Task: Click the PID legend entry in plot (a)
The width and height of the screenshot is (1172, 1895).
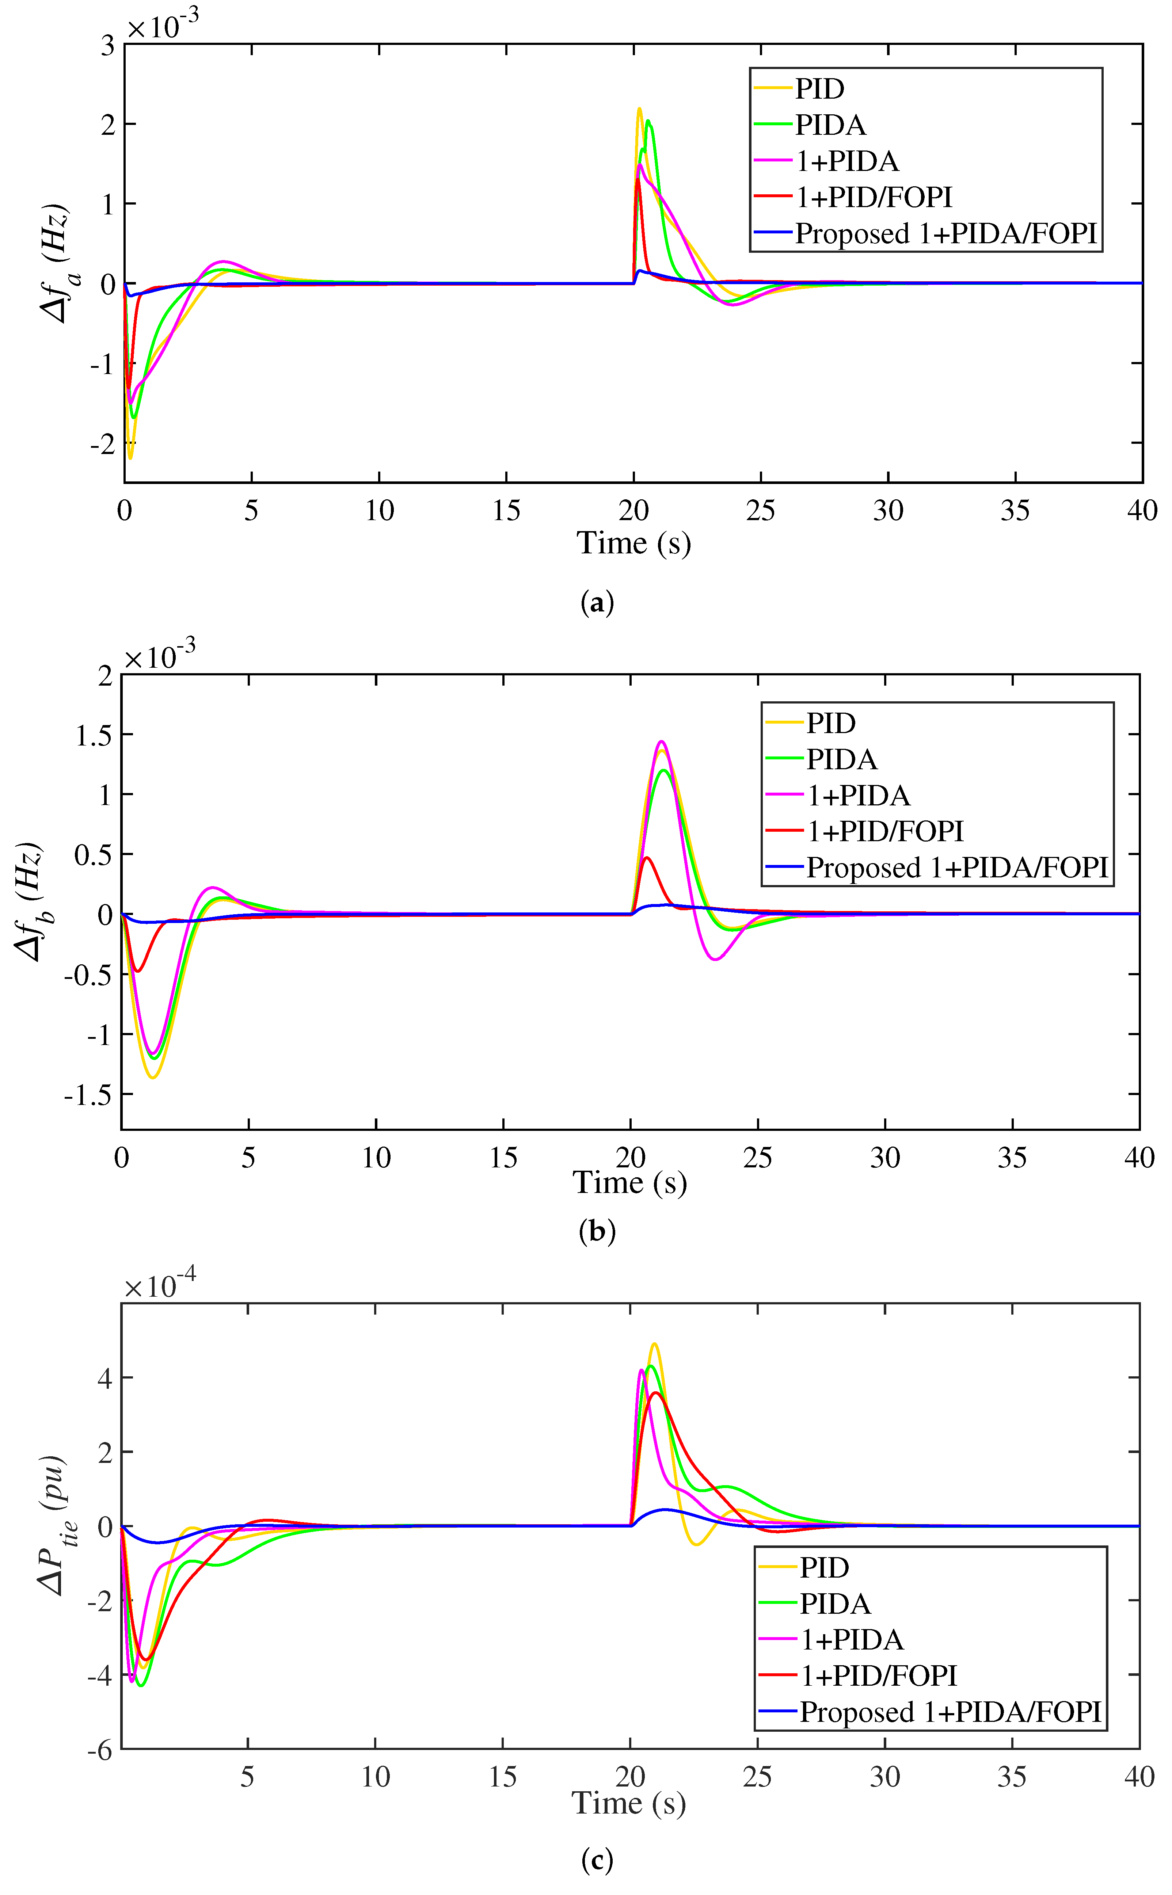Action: point(819,89)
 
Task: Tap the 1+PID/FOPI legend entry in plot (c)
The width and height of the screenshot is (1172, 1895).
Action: point(878,1675)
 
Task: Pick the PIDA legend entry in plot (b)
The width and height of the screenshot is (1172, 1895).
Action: point(841,759)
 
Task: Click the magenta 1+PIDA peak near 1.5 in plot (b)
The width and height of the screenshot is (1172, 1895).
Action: point(661,741)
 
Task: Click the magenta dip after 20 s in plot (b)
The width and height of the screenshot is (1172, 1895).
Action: point(715,959)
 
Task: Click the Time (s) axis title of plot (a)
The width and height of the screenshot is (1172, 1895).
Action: point(633,543)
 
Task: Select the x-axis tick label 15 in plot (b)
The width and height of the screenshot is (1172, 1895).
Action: point(503,1158)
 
